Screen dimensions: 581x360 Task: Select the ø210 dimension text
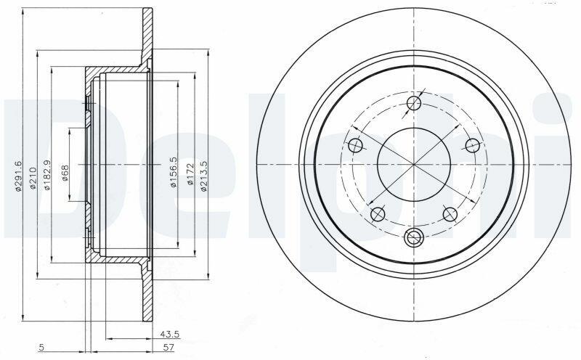[33, 179]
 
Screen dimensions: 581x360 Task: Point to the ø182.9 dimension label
[46, 175]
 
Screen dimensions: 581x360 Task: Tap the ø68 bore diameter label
[65, 173]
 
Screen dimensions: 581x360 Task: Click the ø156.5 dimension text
[173, 172]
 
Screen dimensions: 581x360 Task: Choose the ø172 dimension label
[190, 174]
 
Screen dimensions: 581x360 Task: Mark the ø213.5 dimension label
[203, 176]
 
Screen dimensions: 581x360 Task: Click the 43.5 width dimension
[170, 334]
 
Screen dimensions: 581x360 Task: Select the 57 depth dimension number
[169, 348]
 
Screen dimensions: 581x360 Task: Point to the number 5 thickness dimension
[42, 348]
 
